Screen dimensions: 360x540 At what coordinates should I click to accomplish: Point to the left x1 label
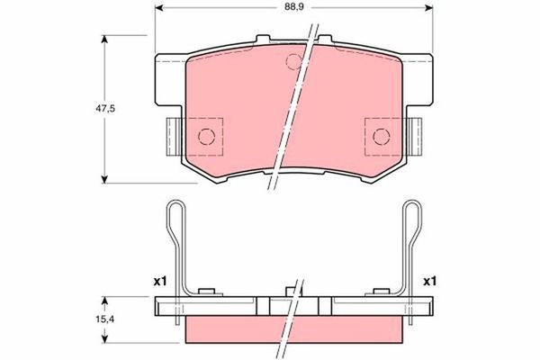coord(161,281)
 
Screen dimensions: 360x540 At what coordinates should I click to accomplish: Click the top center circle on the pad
coord(292,61)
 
